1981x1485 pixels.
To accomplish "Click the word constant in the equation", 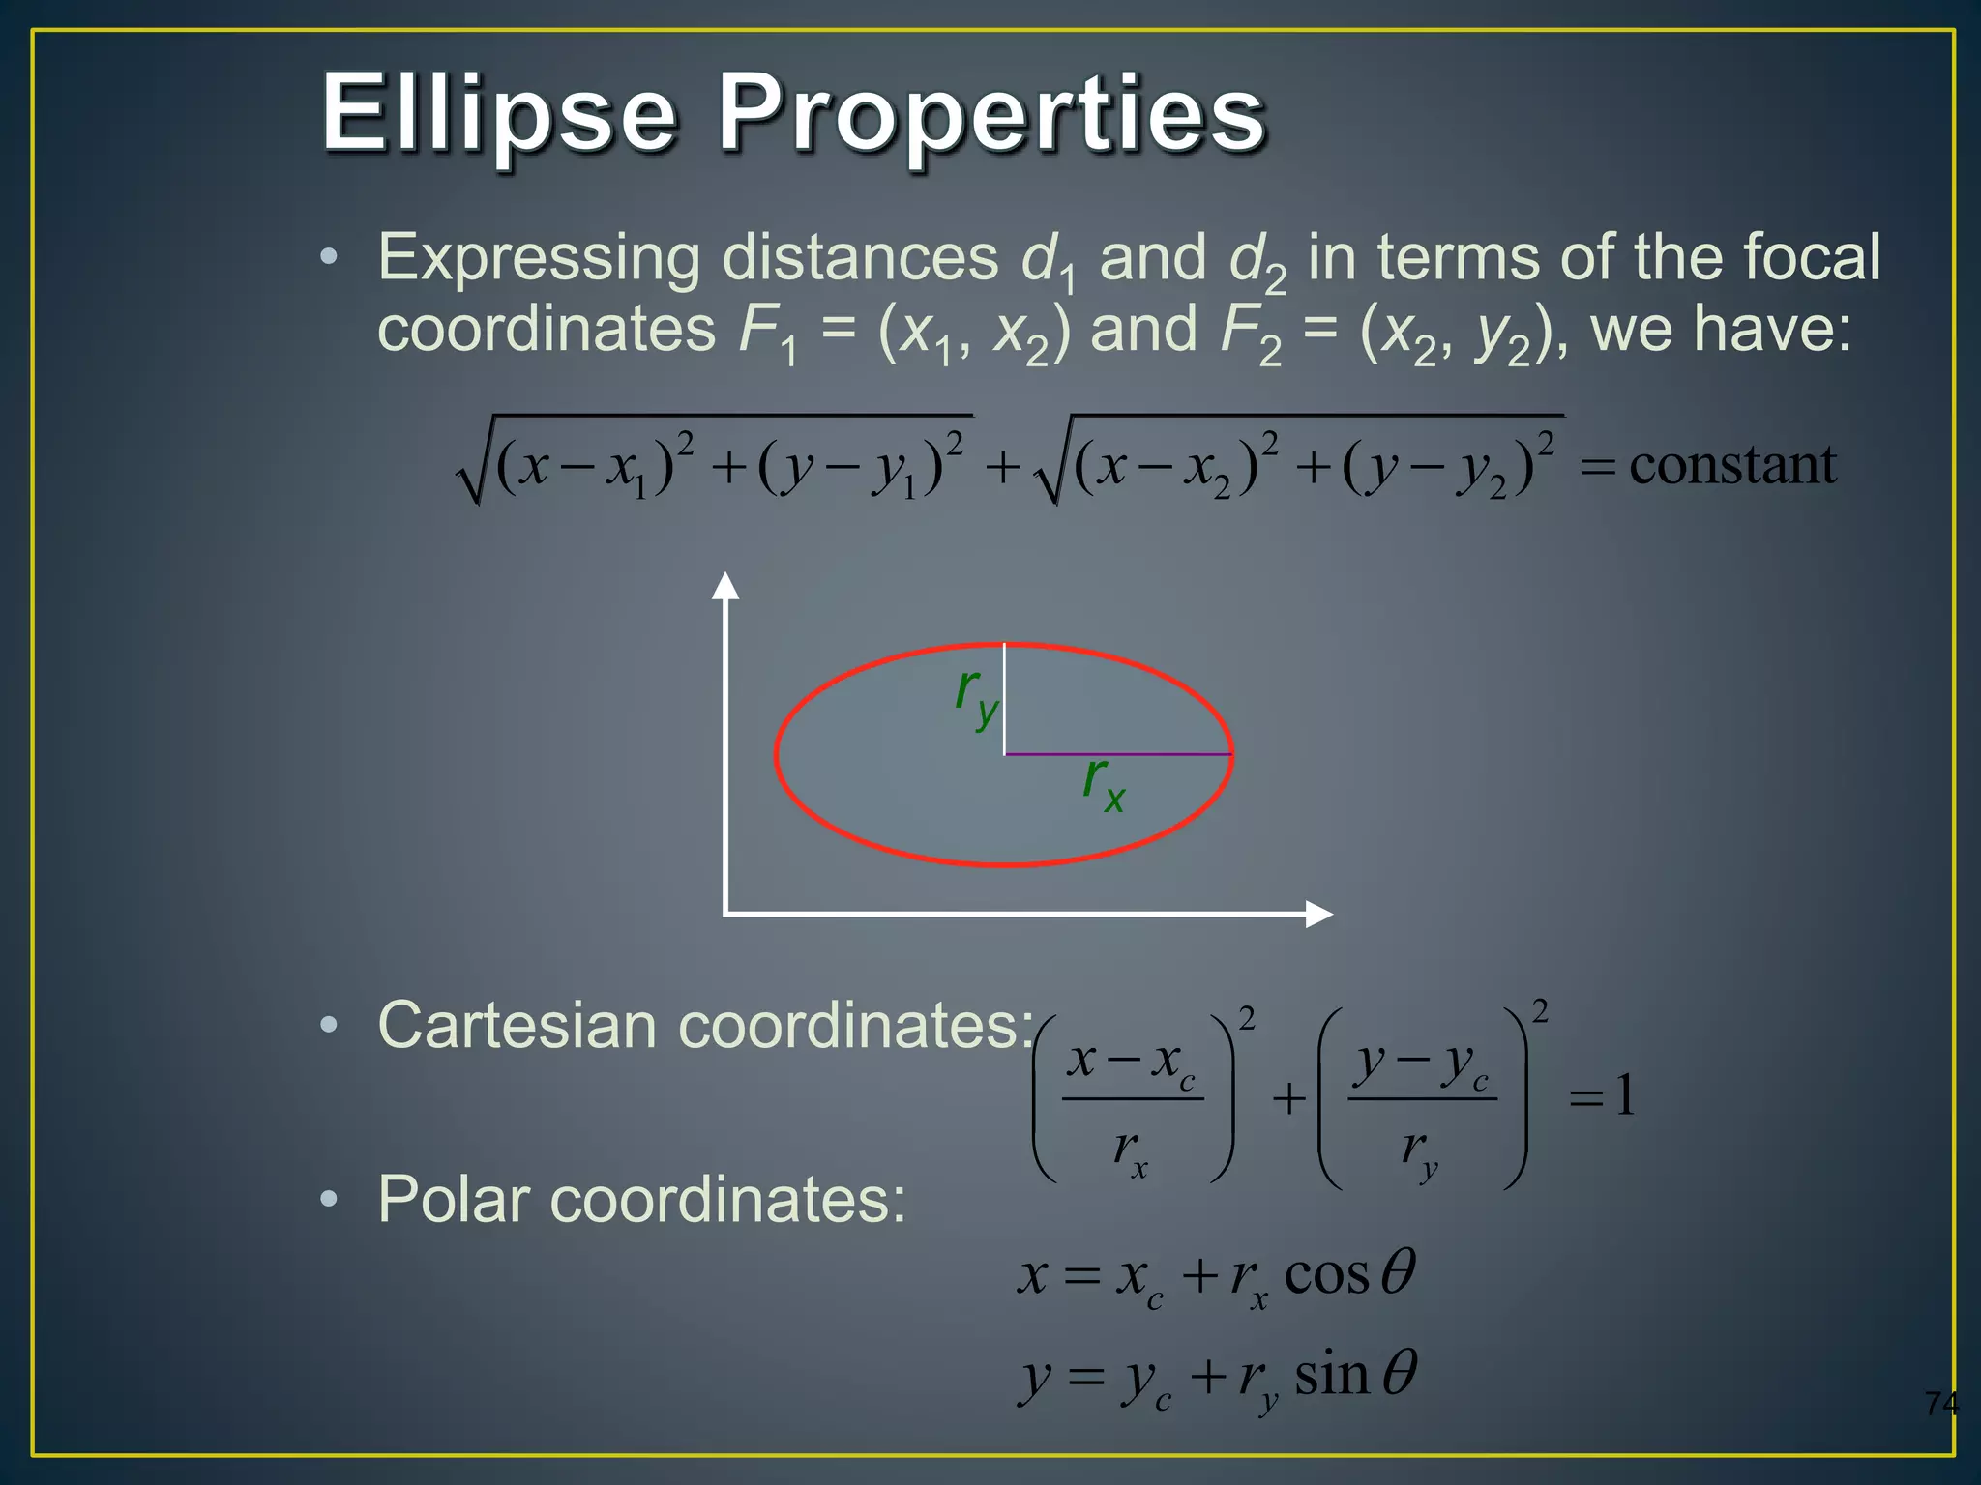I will click(1732, 465).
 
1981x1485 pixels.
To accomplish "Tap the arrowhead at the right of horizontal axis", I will click(1318, 914).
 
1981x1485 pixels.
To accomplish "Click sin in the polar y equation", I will click(1331, 1376).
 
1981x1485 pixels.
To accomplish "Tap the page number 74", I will click(1940, 1403).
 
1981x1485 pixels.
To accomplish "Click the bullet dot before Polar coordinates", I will click(330, 1200).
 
